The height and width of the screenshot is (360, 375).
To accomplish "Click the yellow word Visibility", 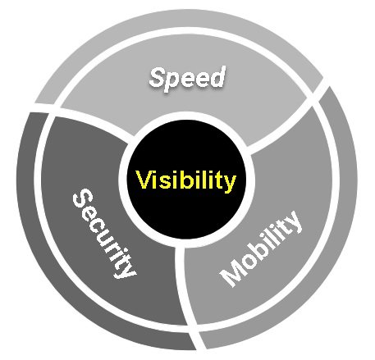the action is tap(186, 180).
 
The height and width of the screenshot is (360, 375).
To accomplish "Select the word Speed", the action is tap(187, 78).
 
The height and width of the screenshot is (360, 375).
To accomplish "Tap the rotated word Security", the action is tap(103, 235).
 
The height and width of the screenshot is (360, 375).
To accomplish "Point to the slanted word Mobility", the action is tap(261, 248).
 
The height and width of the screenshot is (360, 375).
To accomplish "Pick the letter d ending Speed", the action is tap(217, 76).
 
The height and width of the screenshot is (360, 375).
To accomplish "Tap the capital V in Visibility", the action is tap(144, 180).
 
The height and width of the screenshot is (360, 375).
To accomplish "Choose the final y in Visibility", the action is tap(230, 184).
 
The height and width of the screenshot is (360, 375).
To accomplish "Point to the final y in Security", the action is tap(126, 271).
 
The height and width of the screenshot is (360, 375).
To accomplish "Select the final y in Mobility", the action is tap(292, 221).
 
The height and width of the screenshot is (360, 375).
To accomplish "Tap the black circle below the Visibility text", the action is tap(186, 213).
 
